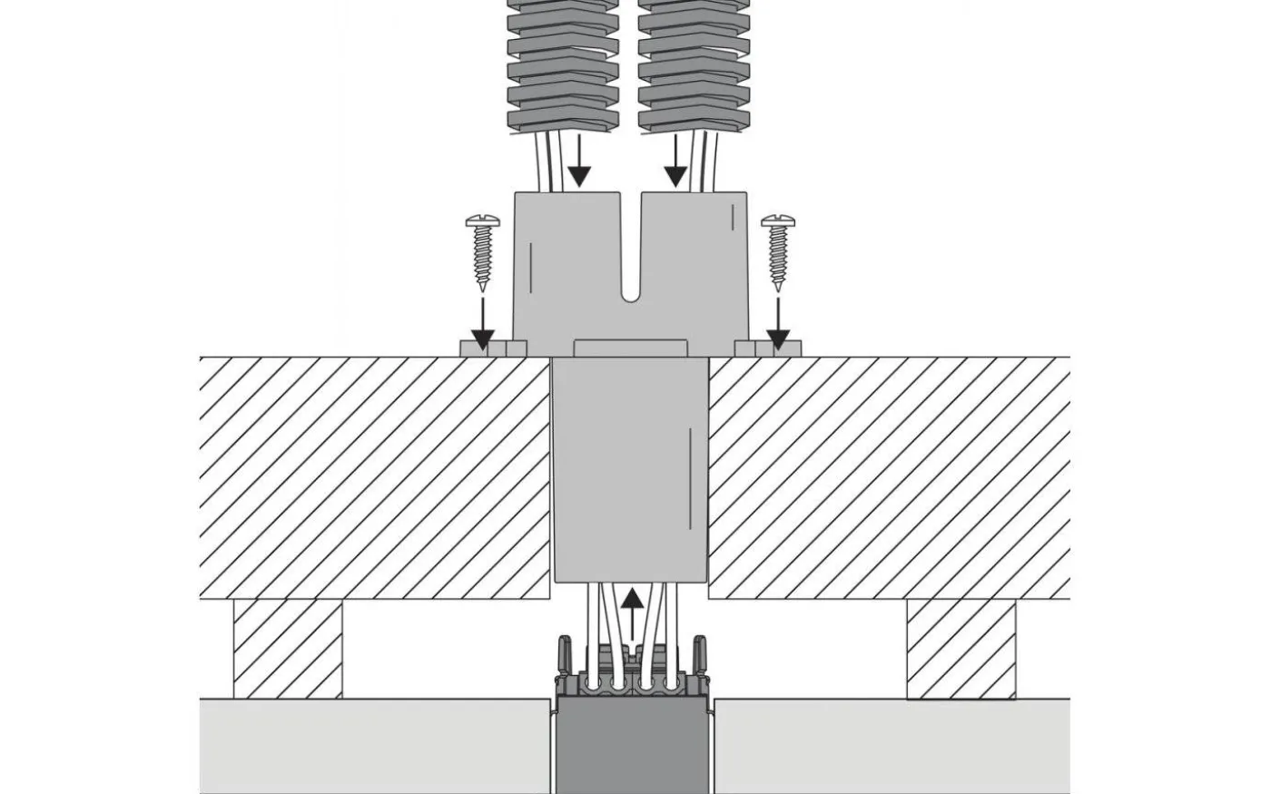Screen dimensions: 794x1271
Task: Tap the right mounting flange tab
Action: [768, 348]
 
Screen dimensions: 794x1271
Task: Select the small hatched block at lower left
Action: [288, 649]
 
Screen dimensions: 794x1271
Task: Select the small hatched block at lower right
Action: [961, 649]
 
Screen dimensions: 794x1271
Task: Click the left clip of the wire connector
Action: [563, 655]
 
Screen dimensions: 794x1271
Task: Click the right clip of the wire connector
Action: [700, 655]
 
